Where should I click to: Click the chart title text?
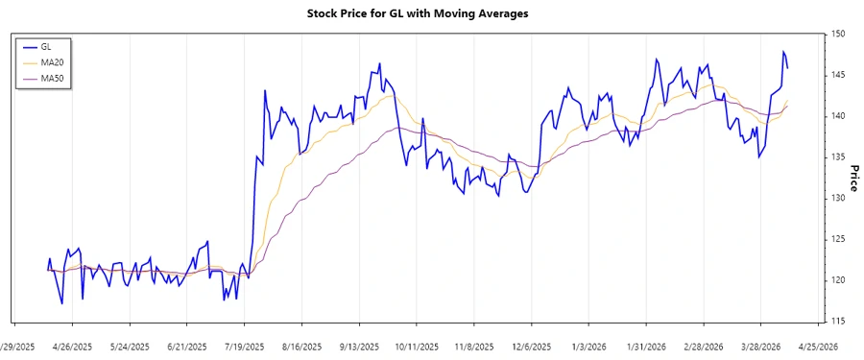431,13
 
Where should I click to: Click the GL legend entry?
46,46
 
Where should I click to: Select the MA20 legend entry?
52,61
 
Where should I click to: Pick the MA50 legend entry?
52,78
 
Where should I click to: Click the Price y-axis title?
853,177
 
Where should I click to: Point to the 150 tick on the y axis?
838,35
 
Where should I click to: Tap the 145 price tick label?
838,75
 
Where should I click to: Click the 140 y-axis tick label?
838,116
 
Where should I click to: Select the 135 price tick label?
838,157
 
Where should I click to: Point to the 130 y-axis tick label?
838,198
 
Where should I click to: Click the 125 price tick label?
838,239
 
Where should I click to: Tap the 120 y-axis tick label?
838,280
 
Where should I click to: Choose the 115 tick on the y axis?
838,321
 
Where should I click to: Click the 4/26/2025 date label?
72,347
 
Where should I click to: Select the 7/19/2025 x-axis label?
245,347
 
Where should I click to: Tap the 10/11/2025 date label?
417,347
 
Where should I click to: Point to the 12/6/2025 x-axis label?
531,347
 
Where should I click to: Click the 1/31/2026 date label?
646,347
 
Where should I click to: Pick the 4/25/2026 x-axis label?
818,347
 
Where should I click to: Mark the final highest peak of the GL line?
783,52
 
